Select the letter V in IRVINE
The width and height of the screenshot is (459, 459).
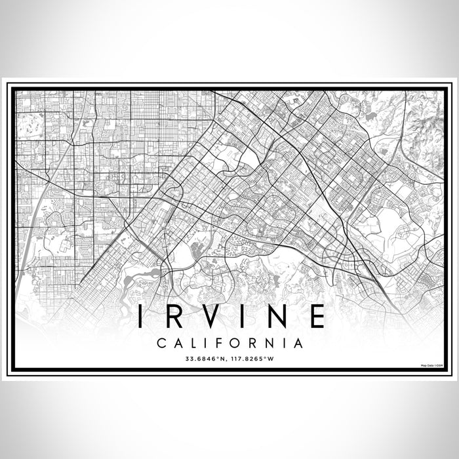pyautogui.click(x=212, y=317)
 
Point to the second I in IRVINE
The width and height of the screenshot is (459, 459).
pyautogui.click(x=245, y=317)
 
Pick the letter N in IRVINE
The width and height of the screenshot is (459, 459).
pyautogui.click(x=277, y=317)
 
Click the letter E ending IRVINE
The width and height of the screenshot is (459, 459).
pyautogui.click(x=317, y=317)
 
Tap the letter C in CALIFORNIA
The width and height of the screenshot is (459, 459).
pyautogui.click(x=161, y=343)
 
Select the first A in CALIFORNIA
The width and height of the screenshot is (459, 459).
pyautogui.click(x=178, y=343)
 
